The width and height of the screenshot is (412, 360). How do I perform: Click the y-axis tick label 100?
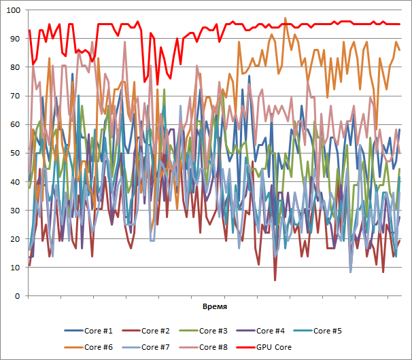pyautogui.click(x=13, y=10)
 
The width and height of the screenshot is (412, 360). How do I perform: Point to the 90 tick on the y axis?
pyautogui.click(x=15, y=39)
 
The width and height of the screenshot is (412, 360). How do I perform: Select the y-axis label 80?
pyautogui.click(x=15, y=67)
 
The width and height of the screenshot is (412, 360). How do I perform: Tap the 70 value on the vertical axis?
pyautogui.click(x=15, y=96)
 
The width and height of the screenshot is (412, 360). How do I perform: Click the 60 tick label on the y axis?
pyautogui.click(x=15, y=124)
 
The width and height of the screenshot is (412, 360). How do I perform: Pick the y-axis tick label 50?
pyautogui.click(x=15, y=153)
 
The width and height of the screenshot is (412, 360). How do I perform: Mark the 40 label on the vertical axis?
pyautogui.click(x=15, y=182)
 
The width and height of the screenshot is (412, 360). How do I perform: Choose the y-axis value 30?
pyautogui.click(x=15, y=211)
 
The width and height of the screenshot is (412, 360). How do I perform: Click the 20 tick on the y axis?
pyautogui.click(x=15, y=239)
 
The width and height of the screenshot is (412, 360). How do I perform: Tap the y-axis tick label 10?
pyautogui.click(x=15, y=268)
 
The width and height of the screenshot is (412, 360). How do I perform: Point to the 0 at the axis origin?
pyautogui.click(x=17, y=296)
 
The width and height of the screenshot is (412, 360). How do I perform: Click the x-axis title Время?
pyautogui.click(x=215, y=307)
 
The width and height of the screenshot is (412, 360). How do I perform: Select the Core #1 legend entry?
pyautogui.click(x=99, y=331)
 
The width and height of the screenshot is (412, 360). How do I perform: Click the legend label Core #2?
pyautogui.click(x=156, y=331)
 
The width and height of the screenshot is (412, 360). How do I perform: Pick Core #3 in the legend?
pyautogui.click(x=213, y=331)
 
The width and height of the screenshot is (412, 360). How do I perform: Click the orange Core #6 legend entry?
pyautogui.click(x=99, y=347)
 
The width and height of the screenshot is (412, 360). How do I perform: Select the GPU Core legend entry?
pyautogui.click(x=275, y=347)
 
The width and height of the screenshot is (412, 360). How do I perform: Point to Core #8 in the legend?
pyautogui.click(x=213, y=347)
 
